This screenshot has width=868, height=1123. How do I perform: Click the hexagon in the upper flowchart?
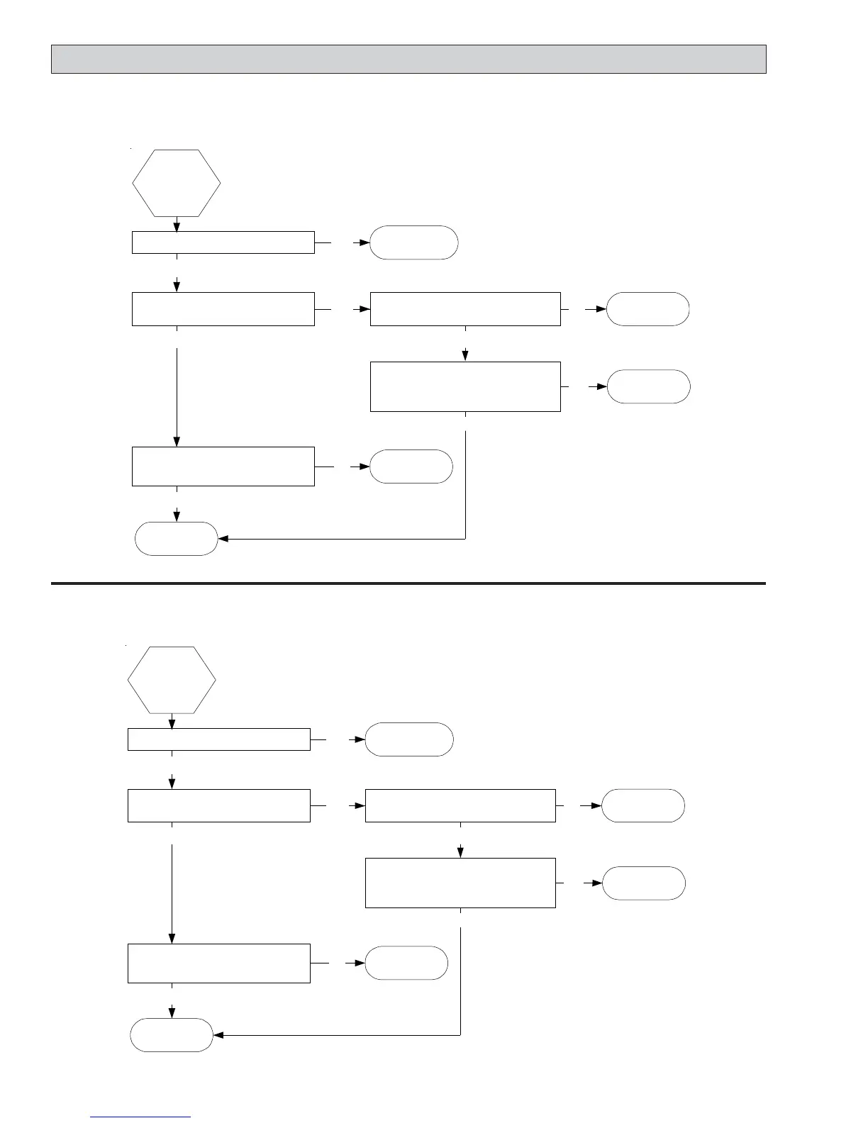pyautogui.click(x=177, y=183)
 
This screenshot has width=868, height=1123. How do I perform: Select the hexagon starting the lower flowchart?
pyautogui.click(x=172, y=680)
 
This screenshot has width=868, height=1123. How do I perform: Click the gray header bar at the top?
pyautogui.click(x=408, y=59)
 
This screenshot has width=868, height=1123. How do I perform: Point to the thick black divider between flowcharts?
pyautogui.click(x=408, y=583)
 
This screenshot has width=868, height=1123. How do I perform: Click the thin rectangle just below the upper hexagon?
pyautogui.click(x=223, y=242)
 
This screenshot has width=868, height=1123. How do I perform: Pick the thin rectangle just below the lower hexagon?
pyautogui.click(x=219, y=739)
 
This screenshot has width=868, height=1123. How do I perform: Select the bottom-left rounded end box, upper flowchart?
pyautogui.click(x=176, y=539)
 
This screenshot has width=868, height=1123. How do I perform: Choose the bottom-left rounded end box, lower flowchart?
pyautogui.click(x=172, y=1035)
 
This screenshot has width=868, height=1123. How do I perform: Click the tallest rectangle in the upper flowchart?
pyautogui.click(x=465, y=386)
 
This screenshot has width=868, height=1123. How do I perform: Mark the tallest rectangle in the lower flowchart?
pyautogui.click(x=460, y=883)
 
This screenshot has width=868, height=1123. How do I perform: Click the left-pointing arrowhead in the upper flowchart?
pyautogui.click(x=223, y=539)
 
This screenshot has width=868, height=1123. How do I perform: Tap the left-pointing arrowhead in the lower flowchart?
pyautogui.click(x=218, y=1035)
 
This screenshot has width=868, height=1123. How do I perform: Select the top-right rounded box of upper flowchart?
pyautogui.click(x=648, y=309)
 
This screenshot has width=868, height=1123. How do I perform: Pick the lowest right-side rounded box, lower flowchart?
pyautogui.click(x=644, y=883)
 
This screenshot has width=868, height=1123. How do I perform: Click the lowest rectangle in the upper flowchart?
pyautogui.click(x=223, y=466)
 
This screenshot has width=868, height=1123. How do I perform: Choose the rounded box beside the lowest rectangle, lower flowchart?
pyautogui.click(x=406, y=963)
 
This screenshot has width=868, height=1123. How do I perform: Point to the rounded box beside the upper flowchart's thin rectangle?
pyautogui.click(x=414, y=242)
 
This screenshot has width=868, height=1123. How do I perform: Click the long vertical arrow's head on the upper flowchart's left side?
pyautogui.click(x=177, y=442)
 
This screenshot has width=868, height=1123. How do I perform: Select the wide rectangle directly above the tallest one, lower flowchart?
pyautogui.click(x=460, y=805)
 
